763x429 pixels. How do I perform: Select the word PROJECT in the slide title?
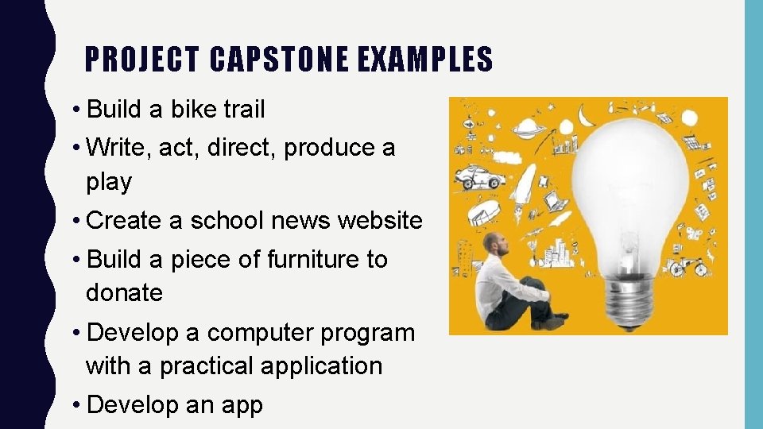coord(141,60)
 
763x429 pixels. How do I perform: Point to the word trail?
coord(243,110)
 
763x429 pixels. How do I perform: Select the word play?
coord(108,182)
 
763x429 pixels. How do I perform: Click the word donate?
coord(124,293)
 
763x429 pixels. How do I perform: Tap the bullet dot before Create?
coord(76,221)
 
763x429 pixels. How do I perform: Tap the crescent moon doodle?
coord(587,117)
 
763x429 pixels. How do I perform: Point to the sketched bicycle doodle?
coord(688,265)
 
